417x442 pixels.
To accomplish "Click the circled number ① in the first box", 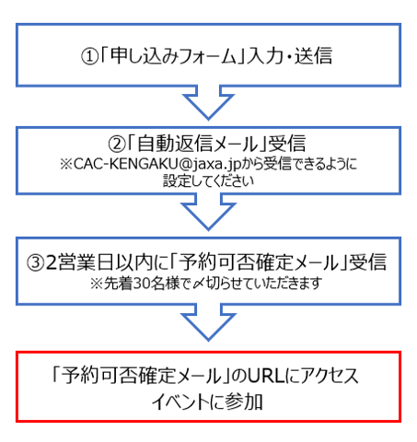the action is [89, 56].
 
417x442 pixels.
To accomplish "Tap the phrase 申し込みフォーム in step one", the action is [173, 56].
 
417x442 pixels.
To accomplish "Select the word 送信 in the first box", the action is [313, 55].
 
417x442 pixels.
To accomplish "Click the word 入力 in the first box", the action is [264, 56].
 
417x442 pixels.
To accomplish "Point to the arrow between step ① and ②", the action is [208, 102].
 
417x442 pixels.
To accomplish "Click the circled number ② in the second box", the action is [117, 144].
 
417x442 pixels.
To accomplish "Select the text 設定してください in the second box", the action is [208, 180].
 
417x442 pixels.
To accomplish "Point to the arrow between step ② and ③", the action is [208, 212].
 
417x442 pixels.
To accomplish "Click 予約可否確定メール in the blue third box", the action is [259, 262].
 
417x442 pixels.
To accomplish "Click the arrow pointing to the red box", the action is [208, 322].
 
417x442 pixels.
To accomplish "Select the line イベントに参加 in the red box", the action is [207, 402].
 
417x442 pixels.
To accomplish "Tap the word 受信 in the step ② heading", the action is [287, 144].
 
